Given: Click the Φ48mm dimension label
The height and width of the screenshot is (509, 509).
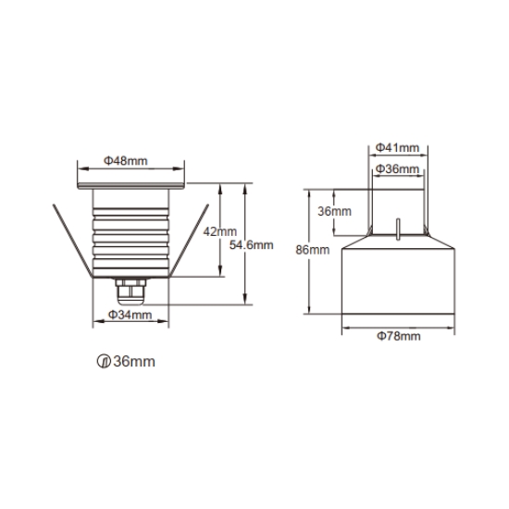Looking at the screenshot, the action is point(125,161).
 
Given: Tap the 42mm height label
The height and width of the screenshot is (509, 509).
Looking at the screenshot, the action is point(219,231).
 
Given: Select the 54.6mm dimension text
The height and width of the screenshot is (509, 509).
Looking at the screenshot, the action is point(251,244).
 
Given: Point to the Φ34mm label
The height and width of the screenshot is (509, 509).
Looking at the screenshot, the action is point(130,315).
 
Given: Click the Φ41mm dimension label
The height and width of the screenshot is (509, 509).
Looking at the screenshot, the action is point(397,148).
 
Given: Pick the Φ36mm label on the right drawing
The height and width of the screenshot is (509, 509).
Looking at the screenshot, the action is point(397,168).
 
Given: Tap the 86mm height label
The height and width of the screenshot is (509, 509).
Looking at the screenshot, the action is point(313,250).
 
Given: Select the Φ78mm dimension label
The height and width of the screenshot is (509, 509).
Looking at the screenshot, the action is point(399,336).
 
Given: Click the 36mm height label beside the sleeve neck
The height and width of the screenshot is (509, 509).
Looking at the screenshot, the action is point(334,211).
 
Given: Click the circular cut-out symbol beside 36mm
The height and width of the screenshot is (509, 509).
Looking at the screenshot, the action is point(104,361).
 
